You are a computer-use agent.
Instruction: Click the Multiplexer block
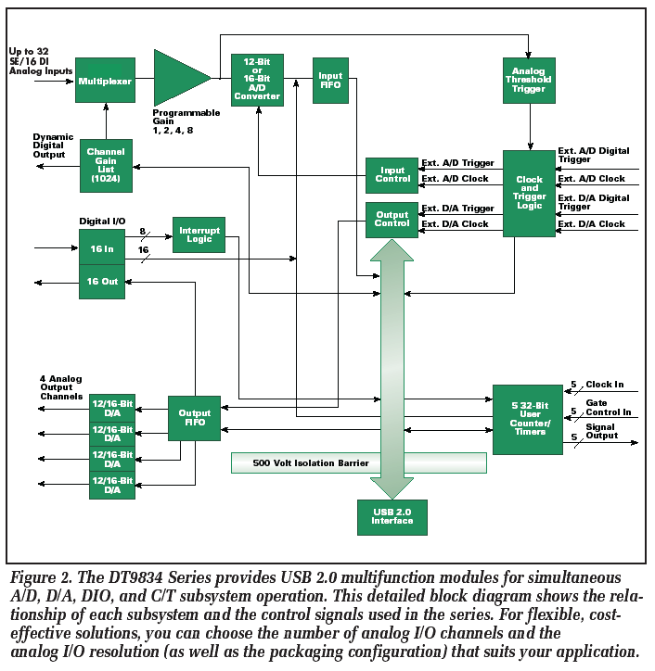[x=105, y=81]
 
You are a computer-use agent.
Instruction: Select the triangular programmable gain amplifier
[x=179, y=78]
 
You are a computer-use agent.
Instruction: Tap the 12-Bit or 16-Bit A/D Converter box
[x=257, y=80]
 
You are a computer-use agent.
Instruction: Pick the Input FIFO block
[x=330, y=82]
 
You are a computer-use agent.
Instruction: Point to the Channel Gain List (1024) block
[x=105, y=165]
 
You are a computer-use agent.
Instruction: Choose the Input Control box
[x=392, y=174]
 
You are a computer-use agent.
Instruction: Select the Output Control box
[x=392, y=219]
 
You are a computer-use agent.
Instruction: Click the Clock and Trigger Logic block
[x=529, y=193]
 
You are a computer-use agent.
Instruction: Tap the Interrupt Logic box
[x=199, y=234]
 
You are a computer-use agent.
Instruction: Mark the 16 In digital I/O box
[x=101, y=248]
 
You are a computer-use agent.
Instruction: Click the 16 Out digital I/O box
[x=101, y=282]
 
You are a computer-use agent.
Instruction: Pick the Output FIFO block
[x=194, y=418]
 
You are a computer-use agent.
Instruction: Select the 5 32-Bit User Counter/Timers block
[x=527, y=419]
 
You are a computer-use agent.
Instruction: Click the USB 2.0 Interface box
[x=392, y=516]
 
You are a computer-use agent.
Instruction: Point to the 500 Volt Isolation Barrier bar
[x=358, y=462]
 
